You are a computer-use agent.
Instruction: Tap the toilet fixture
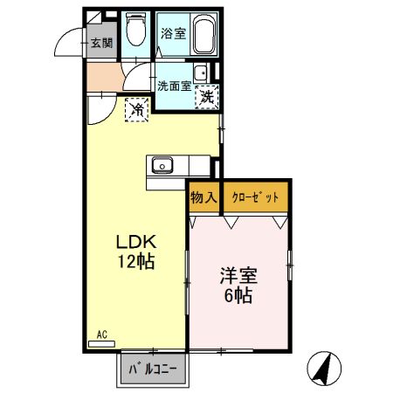[135, 33]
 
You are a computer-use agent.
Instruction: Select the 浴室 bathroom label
[173, 34]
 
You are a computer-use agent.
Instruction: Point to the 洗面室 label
[175, 86]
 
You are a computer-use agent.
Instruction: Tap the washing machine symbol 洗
[208, 97]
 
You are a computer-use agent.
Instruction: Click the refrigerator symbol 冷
[138, 109]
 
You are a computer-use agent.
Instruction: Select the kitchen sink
[162, 164]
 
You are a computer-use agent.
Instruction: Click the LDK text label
[135, 242]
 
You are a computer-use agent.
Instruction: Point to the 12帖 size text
[135, 261]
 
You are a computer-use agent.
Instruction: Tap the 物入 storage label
[203, 198]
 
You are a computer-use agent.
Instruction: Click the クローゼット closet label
[256, 198]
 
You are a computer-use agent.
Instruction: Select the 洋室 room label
[238, 276]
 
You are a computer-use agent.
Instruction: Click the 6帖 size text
[238, 295]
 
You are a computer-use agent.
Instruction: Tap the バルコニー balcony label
[152, 369]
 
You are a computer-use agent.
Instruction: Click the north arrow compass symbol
[326, 369]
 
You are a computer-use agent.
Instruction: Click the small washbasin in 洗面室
[201, 73]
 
